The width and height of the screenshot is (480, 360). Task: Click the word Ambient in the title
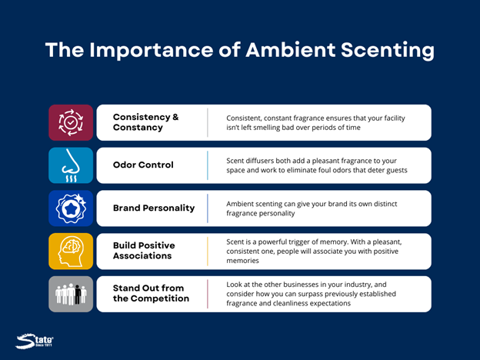click(x=291, y=49)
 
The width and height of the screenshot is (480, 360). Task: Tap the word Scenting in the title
click(x=387, y=51)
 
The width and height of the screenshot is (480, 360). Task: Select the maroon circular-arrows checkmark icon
click(x=71, y=122)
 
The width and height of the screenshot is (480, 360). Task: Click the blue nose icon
click(x=71, y=165)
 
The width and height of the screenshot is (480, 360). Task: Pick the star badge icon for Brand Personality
click(x=71, y=208)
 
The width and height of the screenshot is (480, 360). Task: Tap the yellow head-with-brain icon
click(x=71, y=252)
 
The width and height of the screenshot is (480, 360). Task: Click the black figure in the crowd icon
click(x=78, y=295)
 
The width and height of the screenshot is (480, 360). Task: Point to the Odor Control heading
click(x=143, y=165)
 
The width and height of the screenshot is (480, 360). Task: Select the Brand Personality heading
click(x=154, y=208)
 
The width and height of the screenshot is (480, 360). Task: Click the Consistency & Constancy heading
click(x=145, y=122)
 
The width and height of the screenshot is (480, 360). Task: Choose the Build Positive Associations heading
click(x=144, y=251)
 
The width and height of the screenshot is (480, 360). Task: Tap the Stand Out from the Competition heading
click(x=151, y=293)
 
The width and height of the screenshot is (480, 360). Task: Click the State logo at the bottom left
click(x=35, y=341)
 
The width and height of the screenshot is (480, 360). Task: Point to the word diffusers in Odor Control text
click(x=260, y=161)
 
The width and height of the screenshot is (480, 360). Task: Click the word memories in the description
click(x=242, y=261)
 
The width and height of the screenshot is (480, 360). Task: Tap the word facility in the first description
click(x=395, y=118)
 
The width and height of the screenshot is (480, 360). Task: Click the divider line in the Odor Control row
click(x=208, y=165)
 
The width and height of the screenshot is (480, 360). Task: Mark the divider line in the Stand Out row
click(x=208, y=294)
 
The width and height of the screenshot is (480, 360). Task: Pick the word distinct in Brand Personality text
click(x=385, y=204)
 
